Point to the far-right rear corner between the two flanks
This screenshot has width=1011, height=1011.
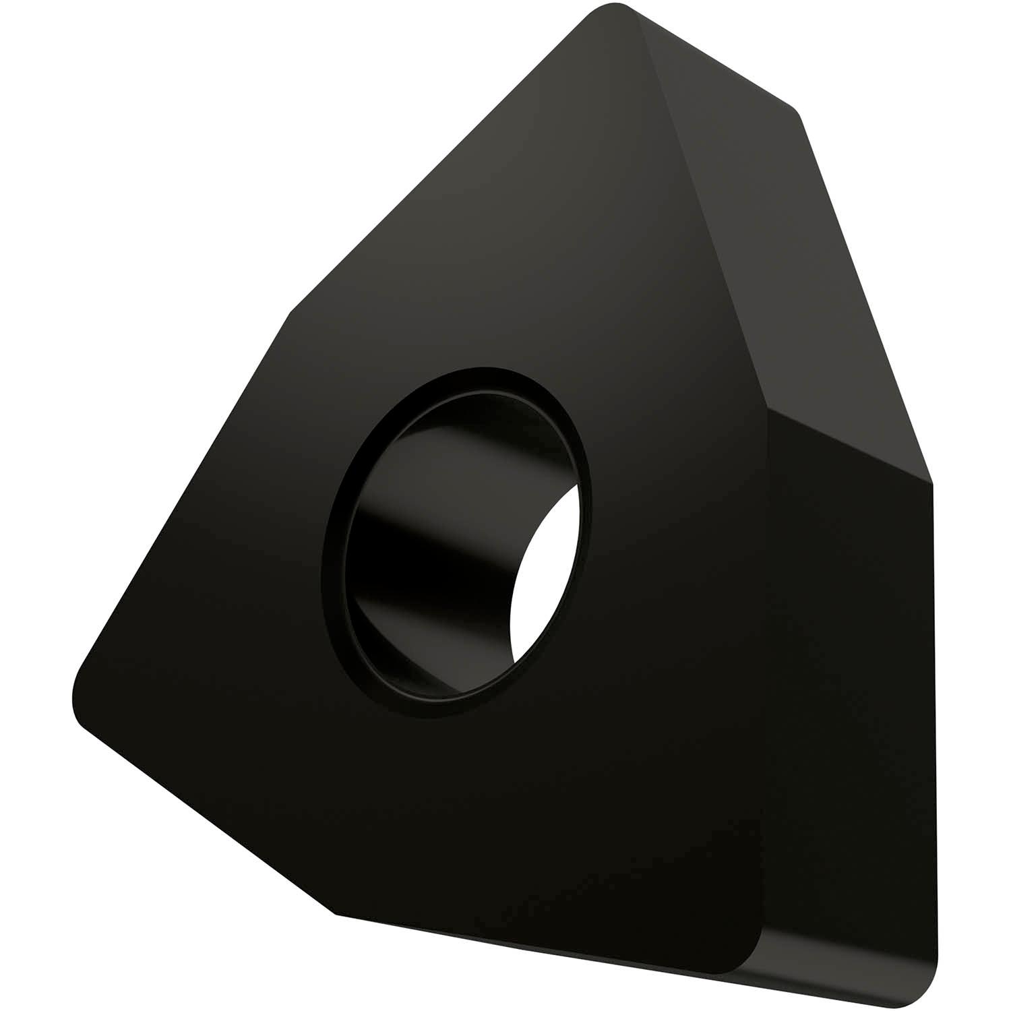(931, 482)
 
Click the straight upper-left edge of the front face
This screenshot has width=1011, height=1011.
(438, 162)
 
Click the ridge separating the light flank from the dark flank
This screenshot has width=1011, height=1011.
(849, 445)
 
